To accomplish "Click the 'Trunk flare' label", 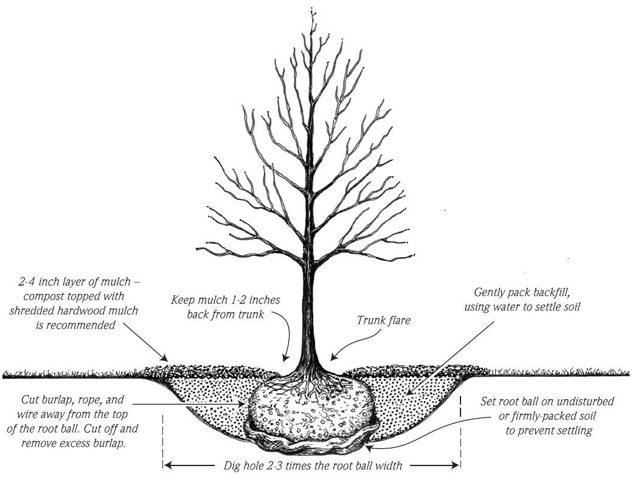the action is (x=383, y=320).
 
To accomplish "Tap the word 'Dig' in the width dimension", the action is (x=232, y=465).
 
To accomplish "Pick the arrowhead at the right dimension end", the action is (x=454, y=465).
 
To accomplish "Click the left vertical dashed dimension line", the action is (x=163, y=442).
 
